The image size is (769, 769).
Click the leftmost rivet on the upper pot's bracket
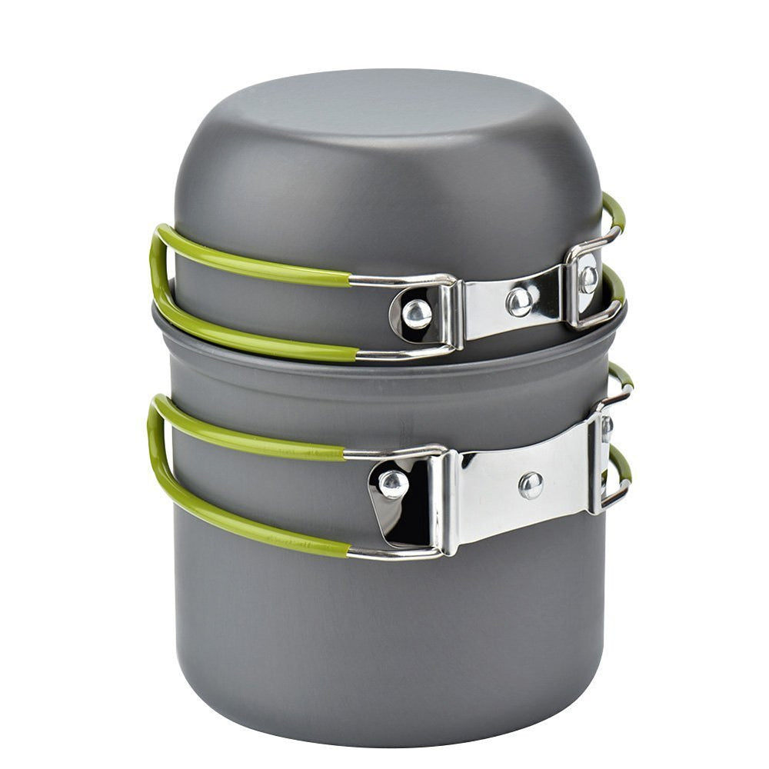tap(417, 313)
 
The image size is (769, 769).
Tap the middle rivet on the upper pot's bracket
tap(520, 301)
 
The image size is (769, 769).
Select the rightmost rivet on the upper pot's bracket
tap(588, 279)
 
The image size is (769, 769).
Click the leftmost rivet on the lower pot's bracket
tap(393, 484)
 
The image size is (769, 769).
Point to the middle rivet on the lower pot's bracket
tap(530, 484)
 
